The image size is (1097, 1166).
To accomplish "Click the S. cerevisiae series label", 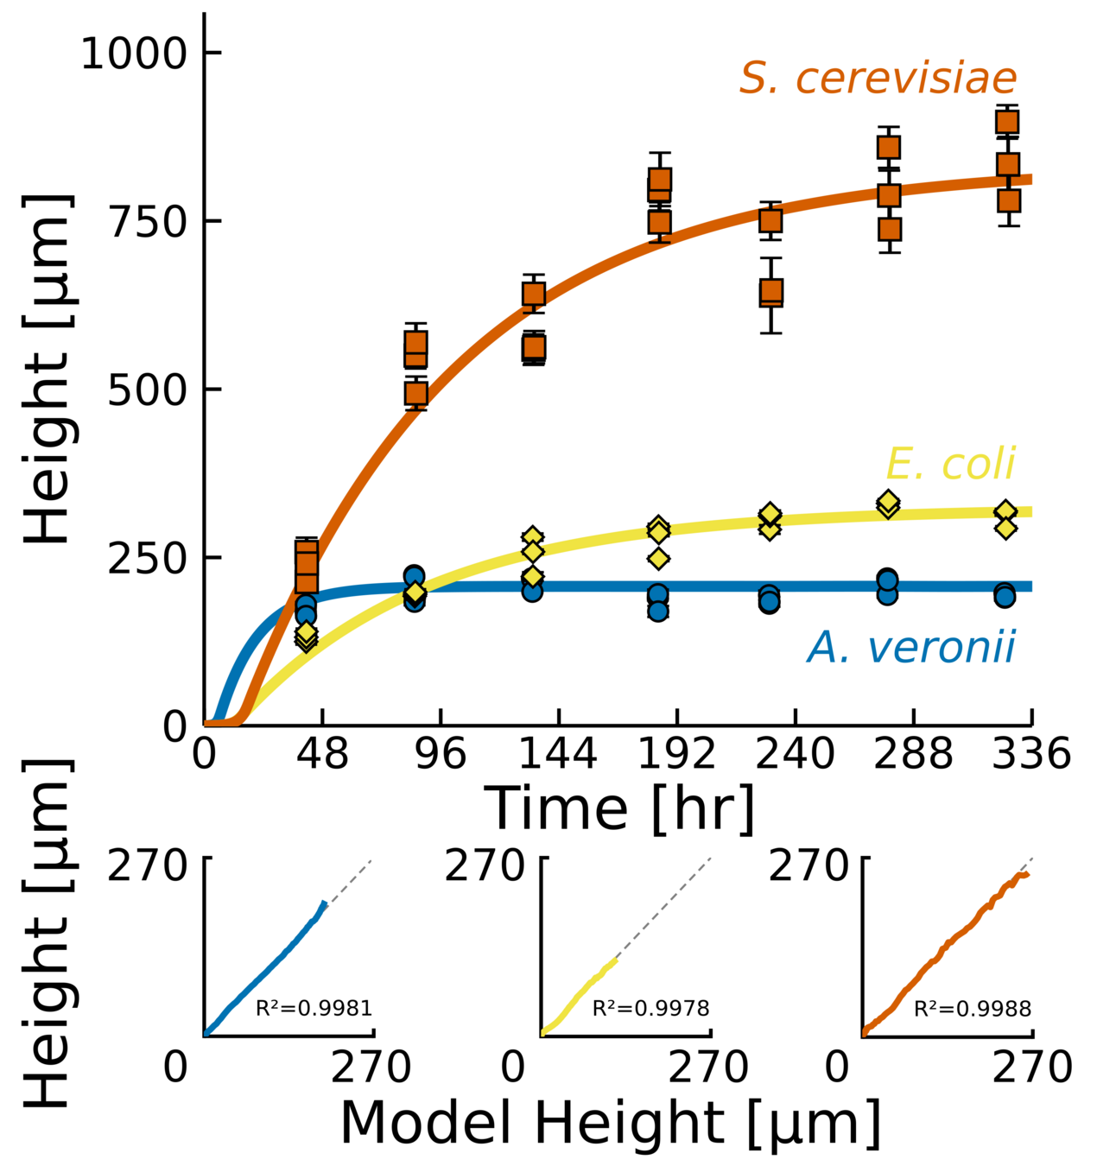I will click(878, 79).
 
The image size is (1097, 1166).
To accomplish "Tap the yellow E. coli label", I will click(950, 464).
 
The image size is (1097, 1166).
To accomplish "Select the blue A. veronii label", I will click(911, 647).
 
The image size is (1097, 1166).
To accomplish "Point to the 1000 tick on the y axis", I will click(134, 54).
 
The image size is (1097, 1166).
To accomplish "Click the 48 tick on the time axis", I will click(322, 755).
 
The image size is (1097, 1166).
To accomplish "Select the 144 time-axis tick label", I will click(558, 755).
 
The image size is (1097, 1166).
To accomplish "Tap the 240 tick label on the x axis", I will click(795, 755).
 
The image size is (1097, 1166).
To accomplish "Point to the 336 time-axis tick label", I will click(1031, 755).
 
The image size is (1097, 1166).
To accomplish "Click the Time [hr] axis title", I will click(618, 808).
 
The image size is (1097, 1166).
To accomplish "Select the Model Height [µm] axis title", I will click(611, 1123).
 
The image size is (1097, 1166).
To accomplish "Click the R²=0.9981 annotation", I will click(314, 1008).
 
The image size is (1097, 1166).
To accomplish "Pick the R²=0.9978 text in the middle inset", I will click(650, 1008).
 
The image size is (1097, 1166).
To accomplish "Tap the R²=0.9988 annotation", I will click(973, 1008).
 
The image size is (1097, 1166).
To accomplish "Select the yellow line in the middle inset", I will click(579, 993).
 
